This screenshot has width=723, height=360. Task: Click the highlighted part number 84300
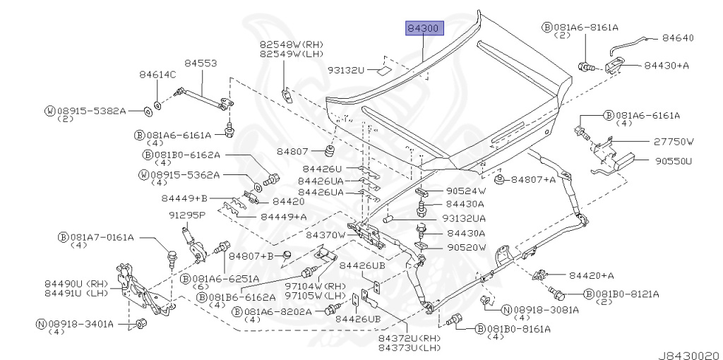tap(424, 28)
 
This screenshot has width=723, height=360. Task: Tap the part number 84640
tap(678, 38)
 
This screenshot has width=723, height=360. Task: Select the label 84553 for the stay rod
tap(201, 63)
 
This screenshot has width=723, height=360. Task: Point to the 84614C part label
tap(158, 75)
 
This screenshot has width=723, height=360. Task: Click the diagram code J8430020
tap(689, 355)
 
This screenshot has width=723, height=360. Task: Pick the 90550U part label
tap(674, 162)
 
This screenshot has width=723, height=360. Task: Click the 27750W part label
tap(674, 142)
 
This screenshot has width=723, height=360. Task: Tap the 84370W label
tap(326, 235)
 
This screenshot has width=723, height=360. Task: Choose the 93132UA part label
tap(464, 218)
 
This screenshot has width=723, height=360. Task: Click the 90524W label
tap(466, 191)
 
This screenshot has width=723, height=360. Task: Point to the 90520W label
tap(466, 248)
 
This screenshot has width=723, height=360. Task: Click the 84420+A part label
tap(592, 275)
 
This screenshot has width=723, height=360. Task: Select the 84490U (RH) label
tap(76, 284)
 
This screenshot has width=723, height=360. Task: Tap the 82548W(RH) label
tap(291, 44)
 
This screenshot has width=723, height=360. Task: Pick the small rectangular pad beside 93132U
tap(383, 71)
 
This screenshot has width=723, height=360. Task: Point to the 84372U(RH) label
tap(410, 339)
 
